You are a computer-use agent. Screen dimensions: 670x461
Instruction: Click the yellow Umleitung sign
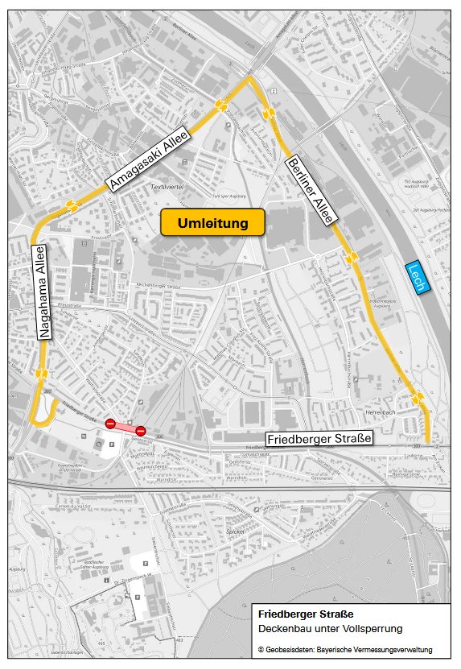pos(212,223)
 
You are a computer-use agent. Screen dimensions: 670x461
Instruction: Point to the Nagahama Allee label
pos(44,292)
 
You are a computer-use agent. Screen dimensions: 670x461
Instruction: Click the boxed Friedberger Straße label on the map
pos(319,439)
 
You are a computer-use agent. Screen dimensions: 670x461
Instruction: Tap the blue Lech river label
pos(418,277)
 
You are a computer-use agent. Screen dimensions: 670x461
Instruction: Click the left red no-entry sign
pos(110,422)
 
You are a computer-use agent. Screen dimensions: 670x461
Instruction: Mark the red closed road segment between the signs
pos(126,426)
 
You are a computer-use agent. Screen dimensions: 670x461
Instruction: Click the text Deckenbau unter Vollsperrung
pos(331,628)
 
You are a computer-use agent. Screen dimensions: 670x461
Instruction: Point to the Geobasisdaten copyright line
pos(345,649)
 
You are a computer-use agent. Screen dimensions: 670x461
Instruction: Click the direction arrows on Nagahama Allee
pos(41,374)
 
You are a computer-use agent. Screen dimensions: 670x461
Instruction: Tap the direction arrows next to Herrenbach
pos(417,399)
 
